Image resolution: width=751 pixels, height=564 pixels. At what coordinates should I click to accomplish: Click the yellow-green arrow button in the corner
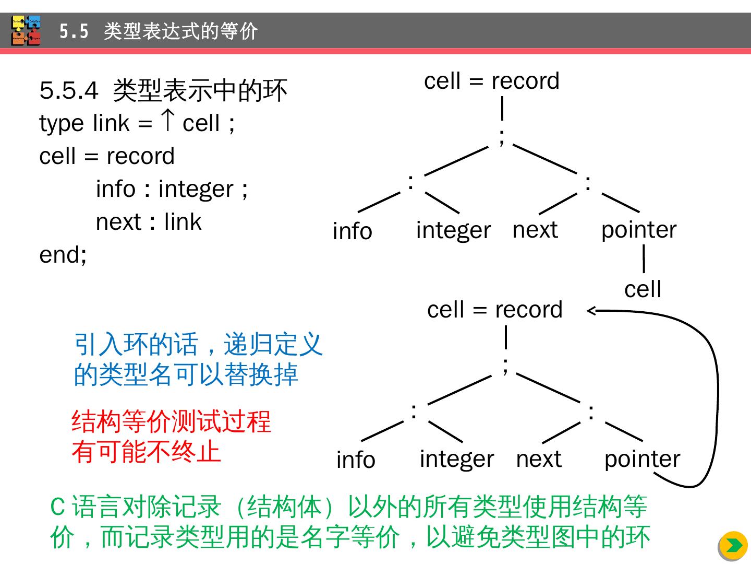pos(733,545)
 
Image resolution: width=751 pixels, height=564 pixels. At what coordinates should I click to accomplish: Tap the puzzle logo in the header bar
pos(26,31)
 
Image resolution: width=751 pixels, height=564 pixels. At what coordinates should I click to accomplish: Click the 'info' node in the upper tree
pos(353,231)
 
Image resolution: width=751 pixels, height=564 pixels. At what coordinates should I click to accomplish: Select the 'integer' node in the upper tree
pos(453,230)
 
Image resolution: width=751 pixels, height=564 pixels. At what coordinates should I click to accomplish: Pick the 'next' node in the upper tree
pos(535,229)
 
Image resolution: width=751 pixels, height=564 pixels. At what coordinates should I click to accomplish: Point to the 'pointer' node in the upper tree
pos(639,230)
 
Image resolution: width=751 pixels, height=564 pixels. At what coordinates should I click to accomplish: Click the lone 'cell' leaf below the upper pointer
pos(643,289)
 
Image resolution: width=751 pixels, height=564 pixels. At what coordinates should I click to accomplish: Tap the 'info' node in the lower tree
pos(356,460)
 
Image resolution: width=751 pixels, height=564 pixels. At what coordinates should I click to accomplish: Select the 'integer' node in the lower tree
pos(456,459)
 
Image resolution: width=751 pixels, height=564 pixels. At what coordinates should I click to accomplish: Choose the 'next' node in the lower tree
pos(539,459)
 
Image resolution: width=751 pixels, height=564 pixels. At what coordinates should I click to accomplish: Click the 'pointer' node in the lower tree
pos(642,459)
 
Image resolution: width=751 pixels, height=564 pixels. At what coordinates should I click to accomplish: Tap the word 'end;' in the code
pos(63,254)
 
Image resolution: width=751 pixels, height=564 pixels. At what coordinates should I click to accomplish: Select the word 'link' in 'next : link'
pos(183,221)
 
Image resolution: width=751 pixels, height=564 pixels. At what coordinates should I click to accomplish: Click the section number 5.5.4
pos(68,90)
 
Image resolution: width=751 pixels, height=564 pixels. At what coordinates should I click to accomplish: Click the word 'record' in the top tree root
pos(525,81)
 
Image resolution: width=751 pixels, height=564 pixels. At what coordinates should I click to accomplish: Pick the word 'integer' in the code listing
pos(196,189)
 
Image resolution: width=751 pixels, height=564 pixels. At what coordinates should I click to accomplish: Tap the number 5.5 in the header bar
pos(74,31)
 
